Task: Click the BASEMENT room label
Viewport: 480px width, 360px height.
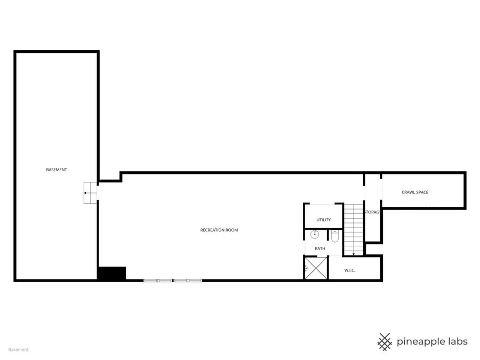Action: pyautogui.click(x=57, y=170)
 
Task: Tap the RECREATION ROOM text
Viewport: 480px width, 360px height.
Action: pyautogui.click(x=219, y=230)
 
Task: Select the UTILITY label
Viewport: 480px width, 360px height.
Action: pyautogui.click(x=323, y=220)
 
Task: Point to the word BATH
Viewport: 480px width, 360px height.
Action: pyautogui.click(x=320, y=249)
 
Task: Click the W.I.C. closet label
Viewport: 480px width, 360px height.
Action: pyautogui.click(x=349, y=270)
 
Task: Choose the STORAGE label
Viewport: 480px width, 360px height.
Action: pyautogui.click(x=372, y=212)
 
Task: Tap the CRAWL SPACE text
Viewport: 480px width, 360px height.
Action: pyautogui.click(x=415, y=192)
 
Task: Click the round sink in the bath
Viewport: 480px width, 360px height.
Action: pyautogui.click(x=315, y=234)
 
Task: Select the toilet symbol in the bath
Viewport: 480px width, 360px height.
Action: pyautogui.click(x=334, y=236)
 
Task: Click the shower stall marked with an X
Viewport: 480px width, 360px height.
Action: pyautogui.click(x=316, y=268)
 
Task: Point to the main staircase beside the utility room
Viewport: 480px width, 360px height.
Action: pyautogui.click(x=353, y=228)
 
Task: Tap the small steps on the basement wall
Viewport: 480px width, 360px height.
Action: pyautogui.click(x=91, y=193)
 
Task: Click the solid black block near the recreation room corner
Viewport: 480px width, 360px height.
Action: pyautogui.click(x=111, y=273)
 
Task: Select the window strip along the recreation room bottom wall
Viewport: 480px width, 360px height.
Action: pyautogui.click(x=173, y=279)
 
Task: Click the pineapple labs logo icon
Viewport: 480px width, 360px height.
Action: pyautogui.click(x=385, y=341)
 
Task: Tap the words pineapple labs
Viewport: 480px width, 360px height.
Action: pyautogui.click(x=432, y=341)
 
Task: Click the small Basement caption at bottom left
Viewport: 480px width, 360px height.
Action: pyautogui.click(x=18, y=350)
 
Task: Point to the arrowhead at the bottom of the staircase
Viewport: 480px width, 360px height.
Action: pyautogui.click(x=353, y=254)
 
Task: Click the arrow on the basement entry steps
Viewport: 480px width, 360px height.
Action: pyautogui.click(x=86, y=193)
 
